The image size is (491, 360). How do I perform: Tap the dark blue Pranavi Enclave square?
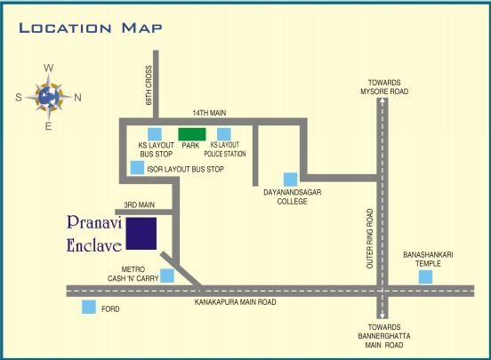coord(141,233)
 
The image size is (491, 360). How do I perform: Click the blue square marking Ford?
coord(89,307)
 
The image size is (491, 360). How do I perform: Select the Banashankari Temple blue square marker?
coord(426,276)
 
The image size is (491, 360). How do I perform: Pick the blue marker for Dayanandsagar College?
coord(290,180)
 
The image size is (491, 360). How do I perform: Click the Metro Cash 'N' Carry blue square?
coord(167,276)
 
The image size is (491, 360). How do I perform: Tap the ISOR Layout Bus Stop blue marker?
coord(137,167)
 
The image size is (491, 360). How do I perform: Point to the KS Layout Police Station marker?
coord(224,135)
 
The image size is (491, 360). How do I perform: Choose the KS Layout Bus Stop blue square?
coord(155,135)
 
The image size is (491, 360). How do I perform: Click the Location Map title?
coord(91,28)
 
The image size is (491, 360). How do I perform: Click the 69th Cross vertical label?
coord(150,85)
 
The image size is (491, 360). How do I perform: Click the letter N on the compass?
coord(77,98)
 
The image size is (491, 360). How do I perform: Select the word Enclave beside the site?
coord(93,245)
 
